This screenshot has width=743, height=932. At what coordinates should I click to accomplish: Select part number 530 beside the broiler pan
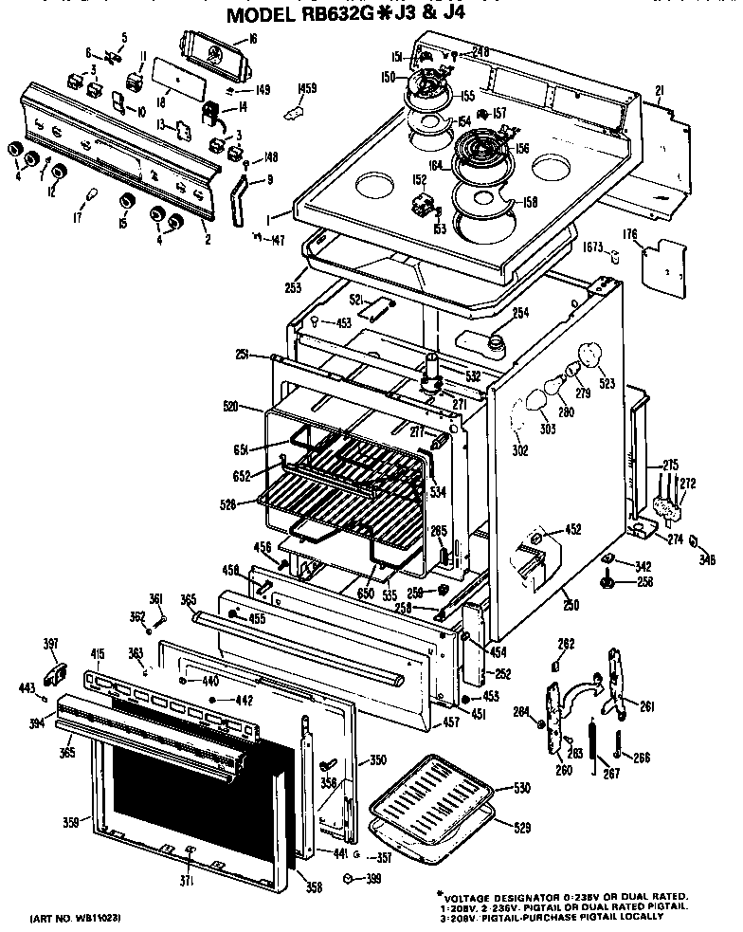521,789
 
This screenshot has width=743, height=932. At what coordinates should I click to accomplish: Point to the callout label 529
521,828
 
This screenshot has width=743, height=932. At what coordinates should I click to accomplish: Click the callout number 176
630,234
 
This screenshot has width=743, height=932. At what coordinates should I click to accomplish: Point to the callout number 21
660,90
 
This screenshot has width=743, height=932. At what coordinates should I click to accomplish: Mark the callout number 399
372,881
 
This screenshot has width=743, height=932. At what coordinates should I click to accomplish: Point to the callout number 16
252,39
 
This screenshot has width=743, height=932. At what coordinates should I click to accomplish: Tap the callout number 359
70,822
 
